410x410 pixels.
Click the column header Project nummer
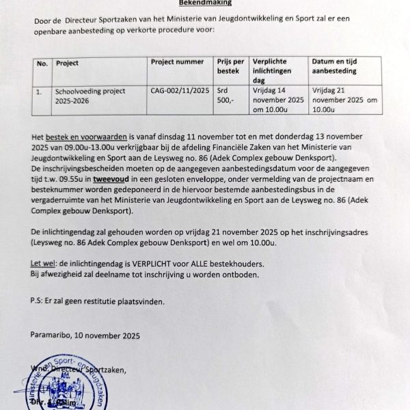coord(176,62)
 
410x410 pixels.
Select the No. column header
coord(42,63)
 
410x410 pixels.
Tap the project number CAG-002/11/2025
coord(180,90)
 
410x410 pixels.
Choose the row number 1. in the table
coord(40,90)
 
